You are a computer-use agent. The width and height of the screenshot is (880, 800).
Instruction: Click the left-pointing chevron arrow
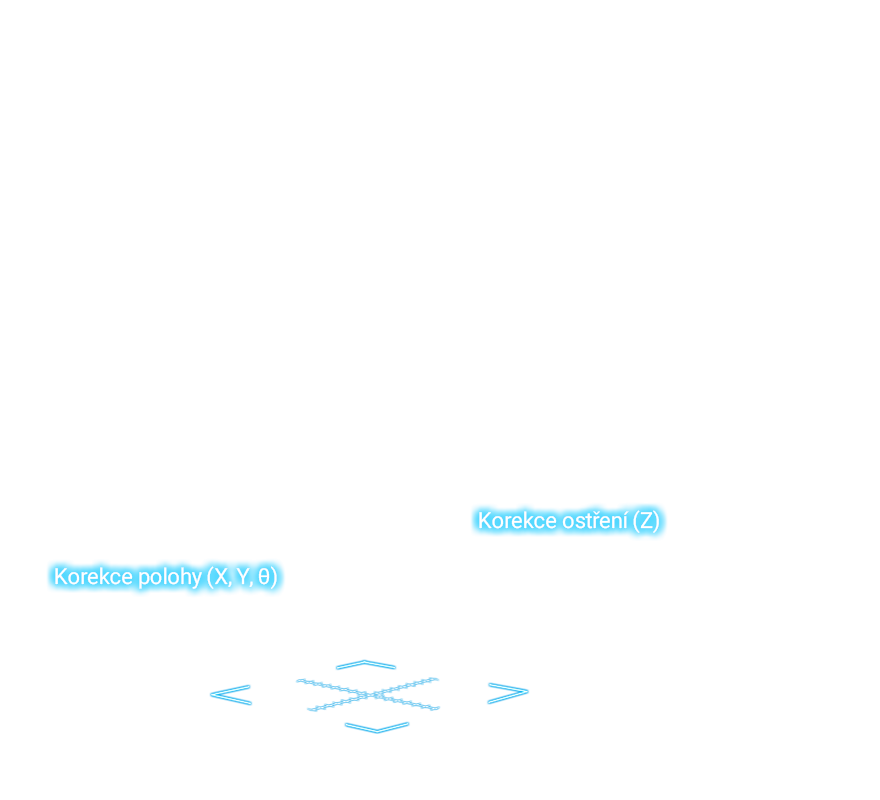point(211,694)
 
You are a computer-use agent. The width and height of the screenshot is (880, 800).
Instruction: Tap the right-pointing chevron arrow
point(528,692)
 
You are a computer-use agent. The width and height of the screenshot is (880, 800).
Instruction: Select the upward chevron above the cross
point(365,662)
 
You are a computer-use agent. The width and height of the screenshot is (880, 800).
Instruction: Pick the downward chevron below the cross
point(377,731)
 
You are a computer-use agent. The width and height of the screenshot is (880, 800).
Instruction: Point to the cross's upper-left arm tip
point(297,681)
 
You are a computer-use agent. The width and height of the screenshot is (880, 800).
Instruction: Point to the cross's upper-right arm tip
point(437,679)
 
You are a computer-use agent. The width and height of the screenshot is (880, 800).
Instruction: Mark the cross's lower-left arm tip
point(310,710)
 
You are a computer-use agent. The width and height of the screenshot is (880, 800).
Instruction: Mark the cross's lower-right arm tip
point(437,708)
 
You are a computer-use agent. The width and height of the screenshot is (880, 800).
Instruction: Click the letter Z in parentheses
point(646,521)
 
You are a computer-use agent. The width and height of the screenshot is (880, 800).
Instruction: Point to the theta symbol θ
point(264,577)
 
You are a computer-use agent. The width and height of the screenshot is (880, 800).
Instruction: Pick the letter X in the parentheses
point(221,577)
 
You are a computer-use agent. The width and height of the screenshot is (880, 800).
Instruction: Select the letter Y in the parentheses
point(242,577)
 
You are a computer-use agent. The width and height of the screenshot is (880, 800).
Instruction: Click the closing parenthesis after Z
point(656,521)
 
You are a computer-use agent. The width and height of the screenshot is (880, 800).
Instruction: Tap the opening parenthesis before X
point(210,578)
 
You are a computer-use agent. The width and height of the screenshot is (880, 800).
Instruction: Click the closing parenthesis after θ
point(274,578)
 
